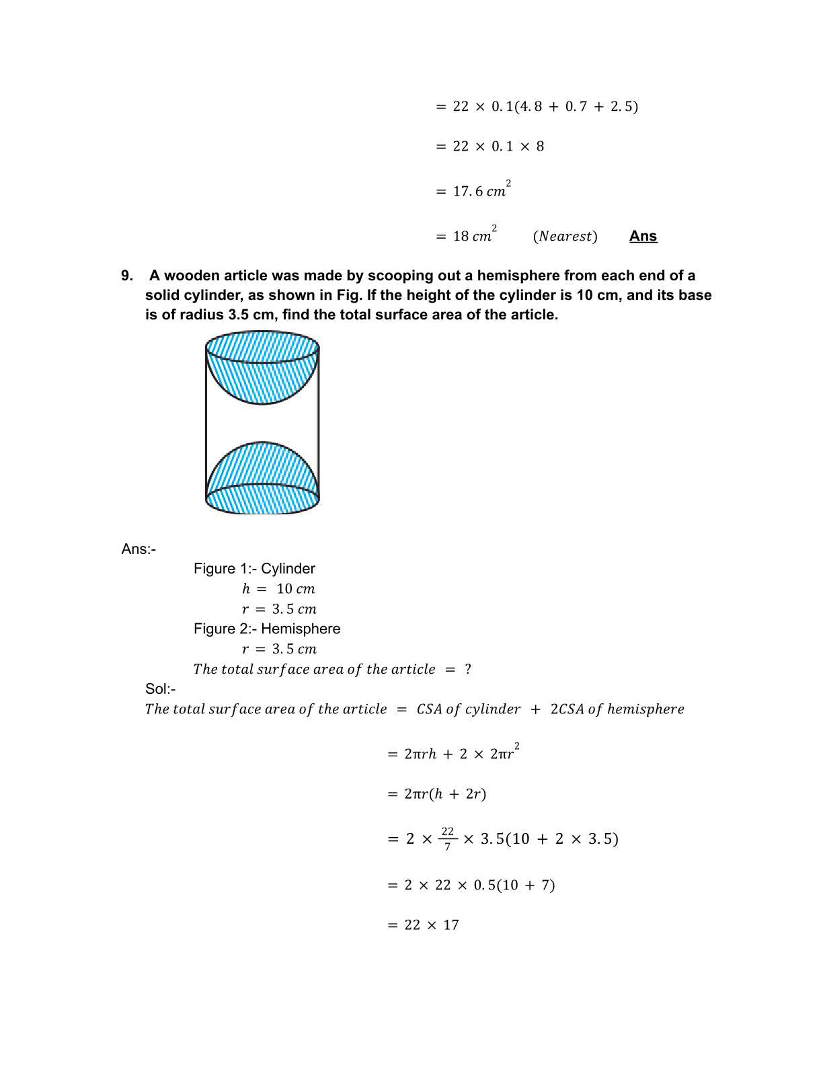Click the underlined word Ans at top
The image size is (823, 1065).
click(x=643, y=236)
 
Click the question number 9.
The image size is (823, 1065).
click(x=127, y=276)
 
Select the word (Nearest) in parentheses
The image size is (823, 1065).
click(x=565, y=237)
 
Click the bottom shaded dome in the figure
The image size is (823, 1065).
click(x=262, y=467)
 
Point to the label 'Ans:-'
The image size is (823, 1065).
click(x=139, y=549)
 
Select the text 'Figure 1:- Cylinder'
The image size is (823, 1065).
click(x=254, y=569)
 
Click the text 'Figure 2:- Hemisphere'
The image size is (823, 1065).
click(x=267, y=629)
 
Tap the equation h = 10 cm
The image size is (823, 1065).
click(x=278, y=589)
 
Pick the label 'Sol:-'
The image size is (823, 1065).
click(x=161, y=689)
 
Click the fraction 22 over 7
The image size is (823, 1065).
click(x=448, y=838)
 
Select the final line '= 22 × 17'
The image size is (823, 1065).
click(x=424, y=925)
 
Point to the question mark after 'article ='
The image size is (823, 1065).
click(x=468, y=670)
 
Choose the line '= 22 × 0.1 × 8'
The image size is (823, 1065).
click(x=490, y=147)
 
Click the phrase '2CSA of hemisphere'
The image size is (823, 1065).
click(x=617, y=709)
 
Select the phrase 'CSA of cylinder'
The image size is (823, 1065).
click(x=469, y=709)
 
